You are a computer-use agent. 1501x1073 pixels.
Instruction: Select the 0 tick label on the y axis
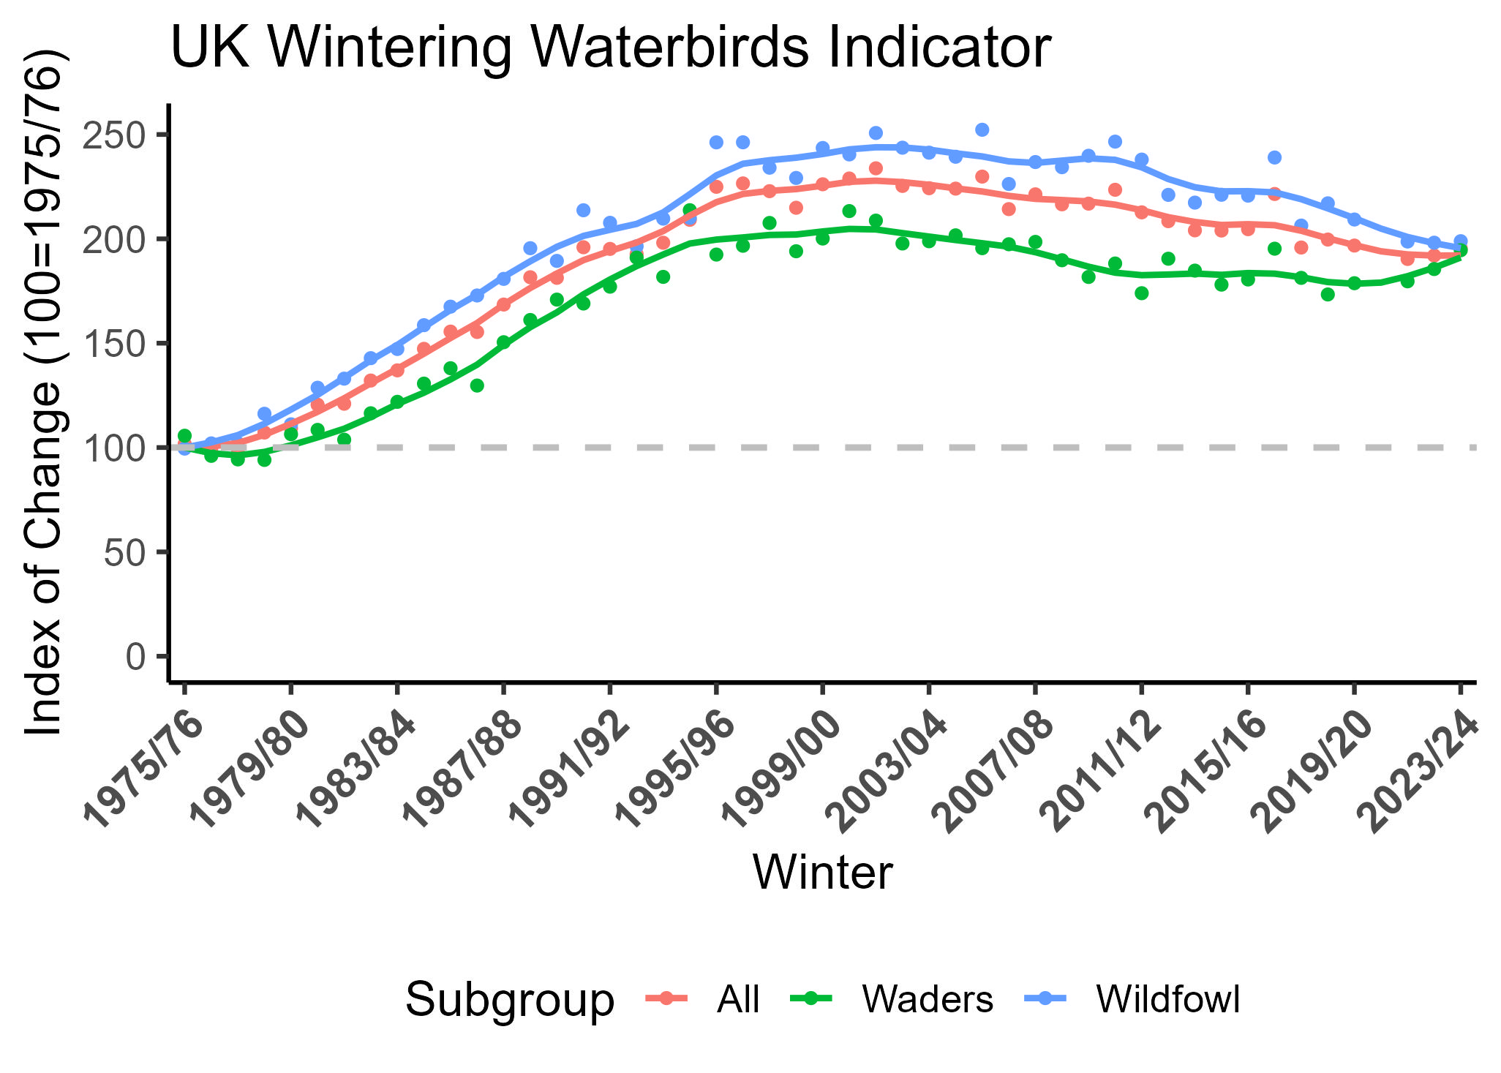click(136, 656)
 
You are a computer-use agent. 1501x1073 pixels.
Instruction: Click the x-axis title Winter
click(822, 872)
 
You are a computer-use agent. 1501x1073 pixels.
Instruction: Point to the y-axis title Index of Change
click(42, 395)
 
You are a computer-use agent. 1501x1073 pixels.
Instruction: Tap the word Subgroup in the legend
click(510, 999)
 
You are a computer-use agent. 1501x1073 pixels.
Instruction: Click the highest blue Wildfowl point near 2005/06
click(982, 129)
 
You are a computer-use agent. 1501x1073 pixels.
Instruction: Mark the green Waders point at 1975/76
click(184, 436)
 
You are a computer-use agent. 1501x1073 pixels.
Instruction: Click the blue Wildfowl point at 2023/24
click(1461, 241)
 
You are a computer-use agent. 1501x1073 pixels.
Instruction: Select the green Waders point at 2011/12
click(1142, 293)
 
